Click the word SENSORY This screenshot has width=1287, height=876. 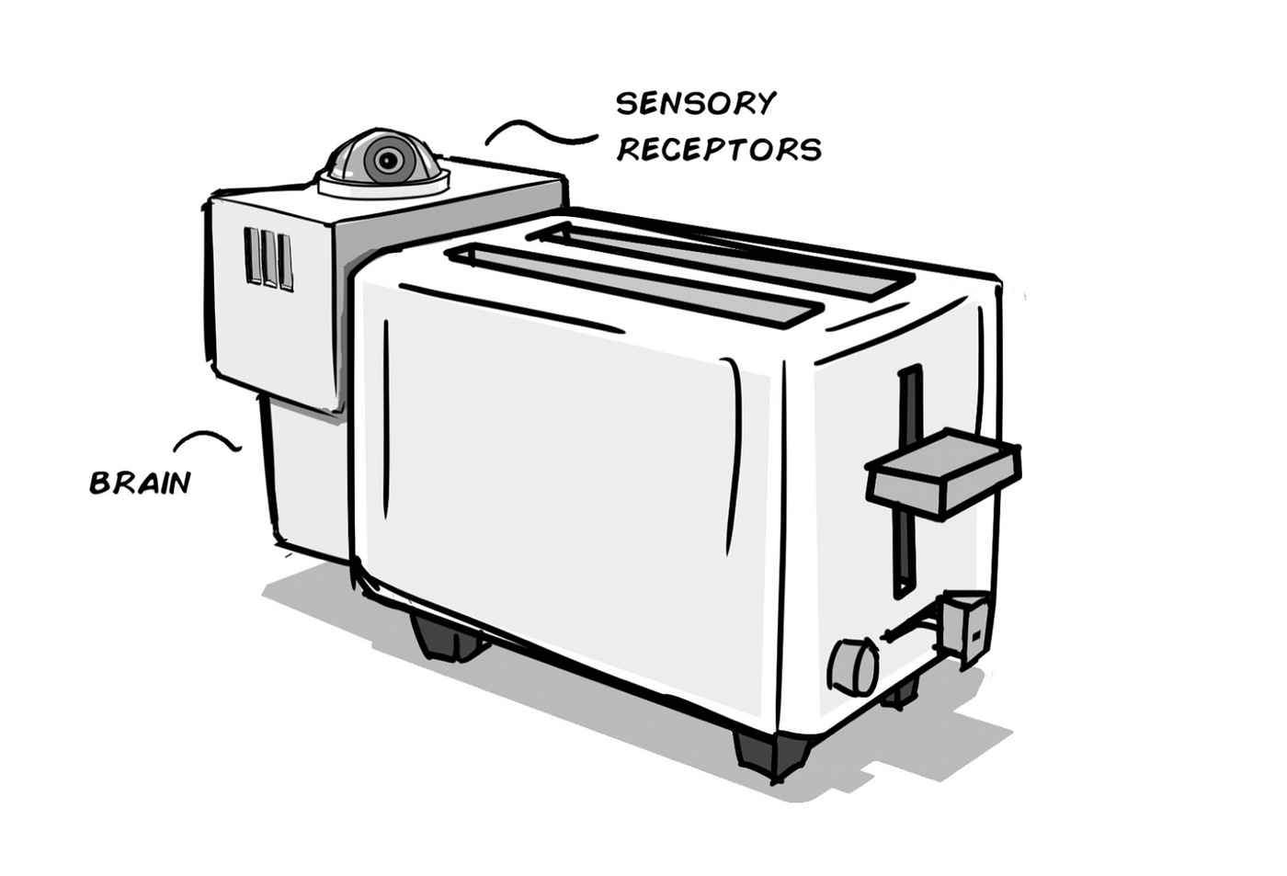click(x=696, y=103)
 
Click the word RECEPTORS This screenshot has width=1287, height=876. click(x=719, y=149)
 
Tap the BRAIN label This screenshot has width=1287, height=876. click(x=140, y=483)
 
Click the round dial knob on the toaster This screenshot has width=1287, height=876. click(x=852, y=666)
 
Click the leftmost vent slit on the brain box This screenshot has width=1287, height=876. click(x=253, y=256)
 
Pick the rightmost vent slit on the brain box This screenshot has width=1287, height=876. click(x=286, y=262)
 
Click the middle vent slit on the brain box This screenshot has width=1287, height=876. click(x=269, y=258)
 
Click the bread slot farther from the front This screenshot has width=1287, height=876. click(x=726, y=253)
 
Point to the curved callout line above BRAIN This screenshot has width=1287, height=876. click(x=209, y=439)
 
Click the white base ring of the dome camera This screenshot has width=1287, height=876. click(x=384, y=187)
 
